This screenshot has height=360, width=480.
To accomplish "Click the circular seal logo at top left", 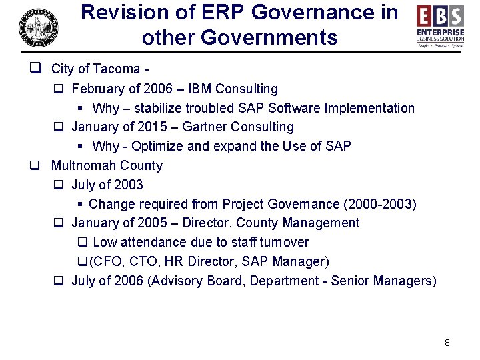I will (x=38, y=27).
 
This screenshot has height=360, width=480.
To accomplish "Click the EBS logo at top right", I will (x=441, y=26).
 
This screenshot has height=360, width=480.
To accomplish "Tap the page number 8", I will (x=447, y=343).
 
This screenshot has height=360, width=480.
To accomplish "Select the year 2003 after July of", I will (x=127, y=185).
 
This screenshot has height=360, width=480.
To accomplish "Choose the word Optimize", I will (x=165, y=146).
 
